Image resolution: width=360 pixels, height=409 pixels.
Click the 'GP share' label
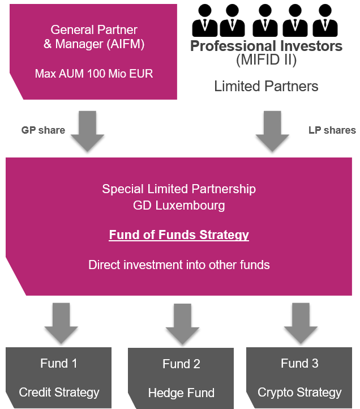point(43,130)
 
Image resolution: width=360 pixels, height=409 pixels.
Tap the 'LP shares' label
point(332,130)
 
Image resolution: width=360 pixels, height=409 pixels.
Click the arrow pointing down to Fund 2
point(182,323)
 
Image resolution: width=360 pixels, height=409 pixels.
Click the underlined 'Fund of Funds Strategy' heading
point(179,235)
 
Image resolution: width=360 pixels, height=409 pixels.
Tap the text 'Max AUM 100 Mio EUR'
point(94,74)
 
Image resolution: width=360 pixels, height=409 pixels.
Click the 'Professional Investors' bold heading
point(266,46)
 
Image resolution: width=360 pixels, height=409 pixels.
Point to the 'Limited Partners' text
point(266,87)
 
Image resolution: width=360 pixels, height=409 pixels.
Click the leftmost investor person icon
point(204,21)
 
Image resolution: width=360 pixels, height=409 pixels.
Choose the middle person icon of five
point(264,21)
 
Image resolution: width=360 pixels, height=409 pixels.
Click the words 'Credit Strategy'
point(59,392)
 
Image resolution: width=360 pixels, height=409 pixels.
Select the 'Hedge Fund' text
point(181,393)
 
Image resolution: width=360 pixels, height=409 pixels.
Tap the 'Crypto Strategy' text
point(299,392)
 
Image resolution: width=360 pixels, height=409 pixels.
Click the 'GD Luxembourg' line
point(179,205)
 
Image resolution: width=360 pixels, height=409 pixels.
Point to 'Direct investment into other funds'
point(179,265)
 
